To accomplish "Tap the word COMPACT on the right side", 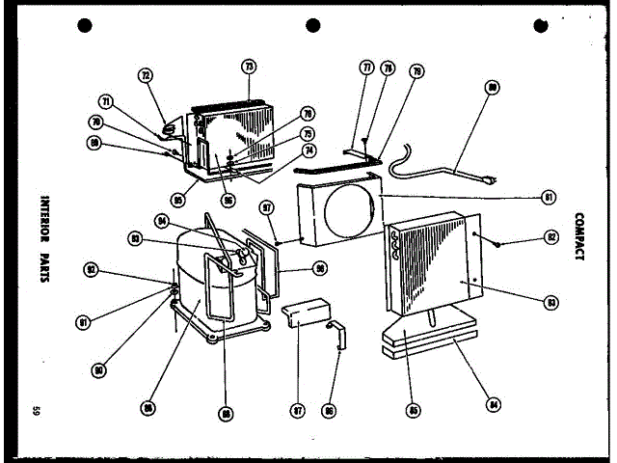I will (578, 236).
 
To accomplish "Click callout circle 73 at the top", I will (249, 67).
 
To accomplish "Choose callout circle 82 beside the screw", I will (550, 236).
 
